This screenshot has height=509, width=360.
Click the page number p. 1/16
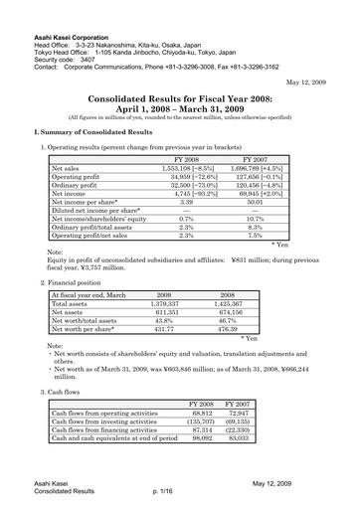tap(165, 491)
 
